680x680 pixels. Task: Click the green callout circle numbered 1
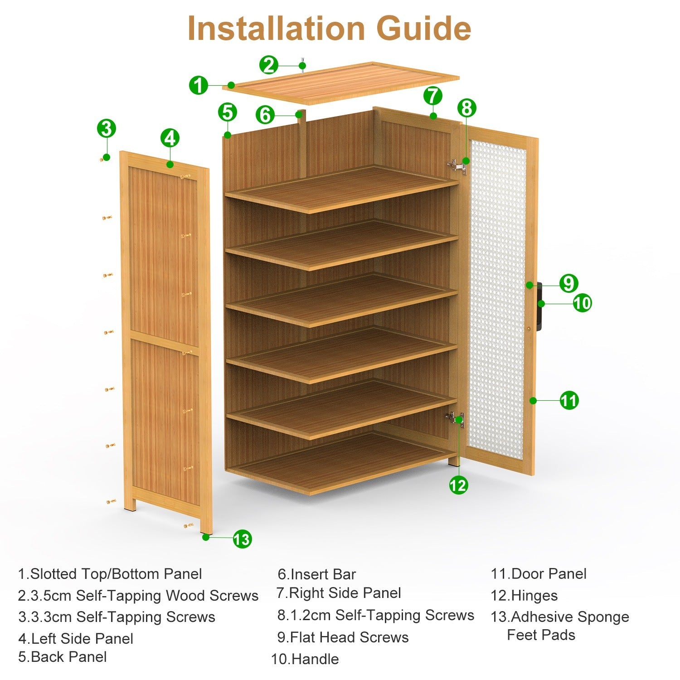(x=198, y=85)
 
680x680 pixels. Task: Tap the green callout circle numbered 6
(x=265, y=115)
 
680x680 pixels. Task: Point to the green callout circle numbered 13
(x=242, y=539)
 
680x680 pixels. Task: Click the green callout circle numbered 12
(x=458, y=486)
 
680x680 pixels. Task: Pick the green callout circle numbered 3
(x=107, y=128)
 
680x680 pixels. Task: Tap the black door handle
(x=539, y=307)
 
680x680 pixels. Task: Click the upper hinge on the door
(x=457, y=166)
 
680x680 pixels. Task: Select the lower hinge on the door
(x=455, y=418)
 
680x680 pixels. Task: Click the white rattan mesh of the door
(x=497, y=299)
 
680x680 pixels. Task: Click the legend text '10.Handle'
(x=305, y=659)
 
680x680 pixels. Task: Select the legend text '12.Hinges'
(x=524, y=595)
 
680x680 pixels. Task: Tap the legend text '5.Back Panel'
(x=63, y=656)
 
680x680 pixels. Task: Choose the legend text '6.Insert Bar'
(x=317, y=574)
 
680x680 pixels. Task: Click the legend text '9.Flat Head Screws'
(x=343, y=637)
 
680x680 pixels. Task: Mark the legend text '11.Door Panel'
(x=539, y=573)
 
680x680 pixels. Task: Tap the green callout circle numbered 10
(x=582, y=302)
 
